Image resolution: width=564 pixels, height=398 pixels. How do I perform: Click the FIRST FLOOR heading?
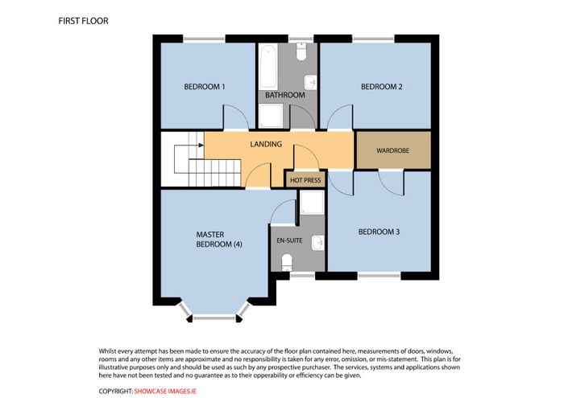[x=83, y=21]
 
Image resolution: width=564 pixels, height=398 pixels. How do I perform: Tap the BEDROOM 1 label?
[x=205, y=87]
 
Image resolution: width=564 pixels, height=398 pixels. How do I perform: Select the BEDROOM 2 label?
[x=381, y=87]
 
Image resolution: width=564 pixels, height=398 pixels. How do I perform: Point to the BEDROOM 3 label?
[x=379, y=232]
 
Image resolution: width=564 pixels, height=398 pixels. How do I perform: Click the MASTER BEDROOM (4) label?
[x=219, y=240]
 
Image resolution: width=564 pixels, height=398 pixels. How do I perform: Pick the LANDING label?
[x=266, y=144]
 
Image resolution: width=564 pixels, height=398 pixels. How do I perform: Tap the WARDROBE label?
[x=393, y=150]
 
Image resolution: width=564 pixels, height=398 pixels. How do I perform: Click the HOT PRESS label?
[x=305, y=180]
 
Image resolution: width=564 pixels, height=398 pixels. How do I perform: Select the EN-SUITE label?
[x=289, y=240]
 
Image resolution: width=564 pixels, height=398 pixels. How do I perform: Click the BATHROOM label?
[x=285, y=95]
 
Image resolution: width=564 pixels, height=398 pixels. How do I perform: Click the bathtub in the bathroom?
[x=268, y=67]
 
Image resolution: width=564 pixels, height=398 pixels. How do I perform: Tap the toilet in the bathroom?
[x=301, y=51]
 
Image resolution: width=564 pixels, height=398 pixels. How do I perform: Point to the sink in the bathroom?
[x=310, y=83]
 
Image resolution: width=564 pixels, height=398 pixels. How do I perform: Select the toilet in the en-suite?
[x=287, y=262]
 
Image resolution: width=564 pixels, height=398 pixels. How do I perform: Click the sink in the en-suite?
[x=318, y=243]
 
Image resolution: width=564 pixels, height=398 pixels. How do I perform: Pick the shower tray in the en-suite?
[x=313, y=202]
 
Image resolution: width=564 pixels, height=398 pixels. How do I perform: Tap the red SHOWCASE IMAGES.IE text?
[x=165, y=392]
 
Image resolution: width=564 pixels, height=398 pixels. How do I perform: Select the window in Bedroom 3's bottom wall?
[x=379, y=276]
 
